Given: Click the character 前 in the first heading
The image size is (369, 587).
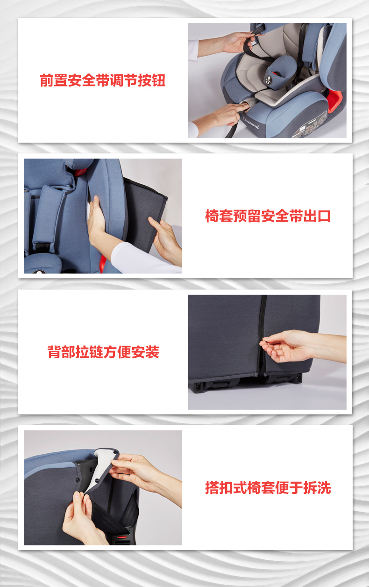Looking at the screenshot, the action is pos(47,80).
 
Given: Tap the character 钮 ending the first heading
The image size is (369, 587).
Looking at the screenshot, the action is pos(159,80).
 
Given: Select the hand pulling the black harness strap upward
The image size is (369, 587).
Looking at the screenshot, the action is pos(239,42).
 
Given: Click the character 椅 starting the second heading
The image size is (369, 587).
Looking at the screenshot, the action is pos(212,216).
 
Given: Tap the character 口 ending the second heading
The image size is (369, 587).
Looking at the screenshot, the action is pos(324,216).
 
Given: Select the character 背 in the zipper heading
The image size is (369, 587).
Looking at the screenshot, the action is pos(54,352).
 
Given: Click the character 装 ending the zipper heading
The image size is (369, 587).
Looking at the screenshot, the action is pos(152,352).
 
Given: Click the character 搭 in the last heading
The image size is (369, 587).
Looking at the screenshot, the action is pos(212,488).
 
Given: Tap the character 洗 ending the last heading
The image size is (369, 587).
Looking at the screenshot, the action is pos(324,488).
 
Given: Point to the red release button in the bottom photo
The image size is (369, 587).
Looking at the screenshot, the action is pos(122,537).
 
